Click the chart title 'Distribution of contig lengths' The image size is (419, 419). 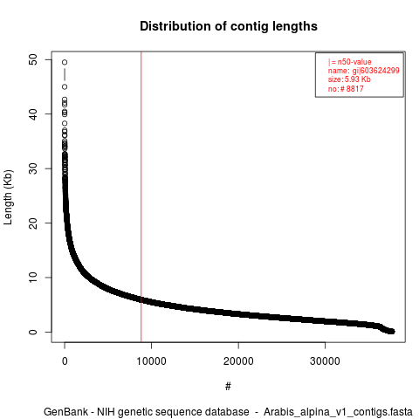tap(229, 26)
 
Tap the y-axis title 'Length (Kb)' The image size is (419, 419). tap(8, 197)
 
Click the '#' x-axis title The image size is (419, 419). tap(228, 386)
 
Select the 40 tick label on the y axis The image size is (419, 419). tap(33, 113)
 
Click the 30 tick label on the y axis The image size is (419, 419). tap(33, 168)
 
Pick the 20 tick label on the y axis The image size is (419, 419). tap(33, 223)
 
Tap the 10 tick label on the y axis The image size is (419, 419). tap(33, 278)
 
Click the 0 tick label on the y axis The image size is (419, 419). tap(33, 332)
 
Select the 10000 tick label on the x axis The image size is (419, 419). tap(151, 361)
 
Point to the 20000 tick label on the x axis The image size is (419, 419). tap(238, 361)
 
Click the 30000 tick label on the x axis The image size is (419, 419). tap(325, 361)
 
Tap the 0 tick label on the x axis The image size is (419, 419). tap(65, 361)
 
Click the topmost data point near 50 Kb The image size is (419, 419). tap(65, 62)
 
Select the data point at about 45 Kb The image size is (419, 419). tap(65, 86)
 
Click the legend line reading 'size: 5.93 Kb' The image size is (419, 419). tap(349, 79)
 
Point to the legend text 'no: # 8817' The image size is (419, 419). tap(346, 88)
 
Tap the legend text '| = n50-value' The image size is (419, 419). tap(349, 62)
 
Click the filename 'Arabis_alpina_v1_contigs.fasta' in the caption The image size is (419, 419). tap(338, 412)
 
